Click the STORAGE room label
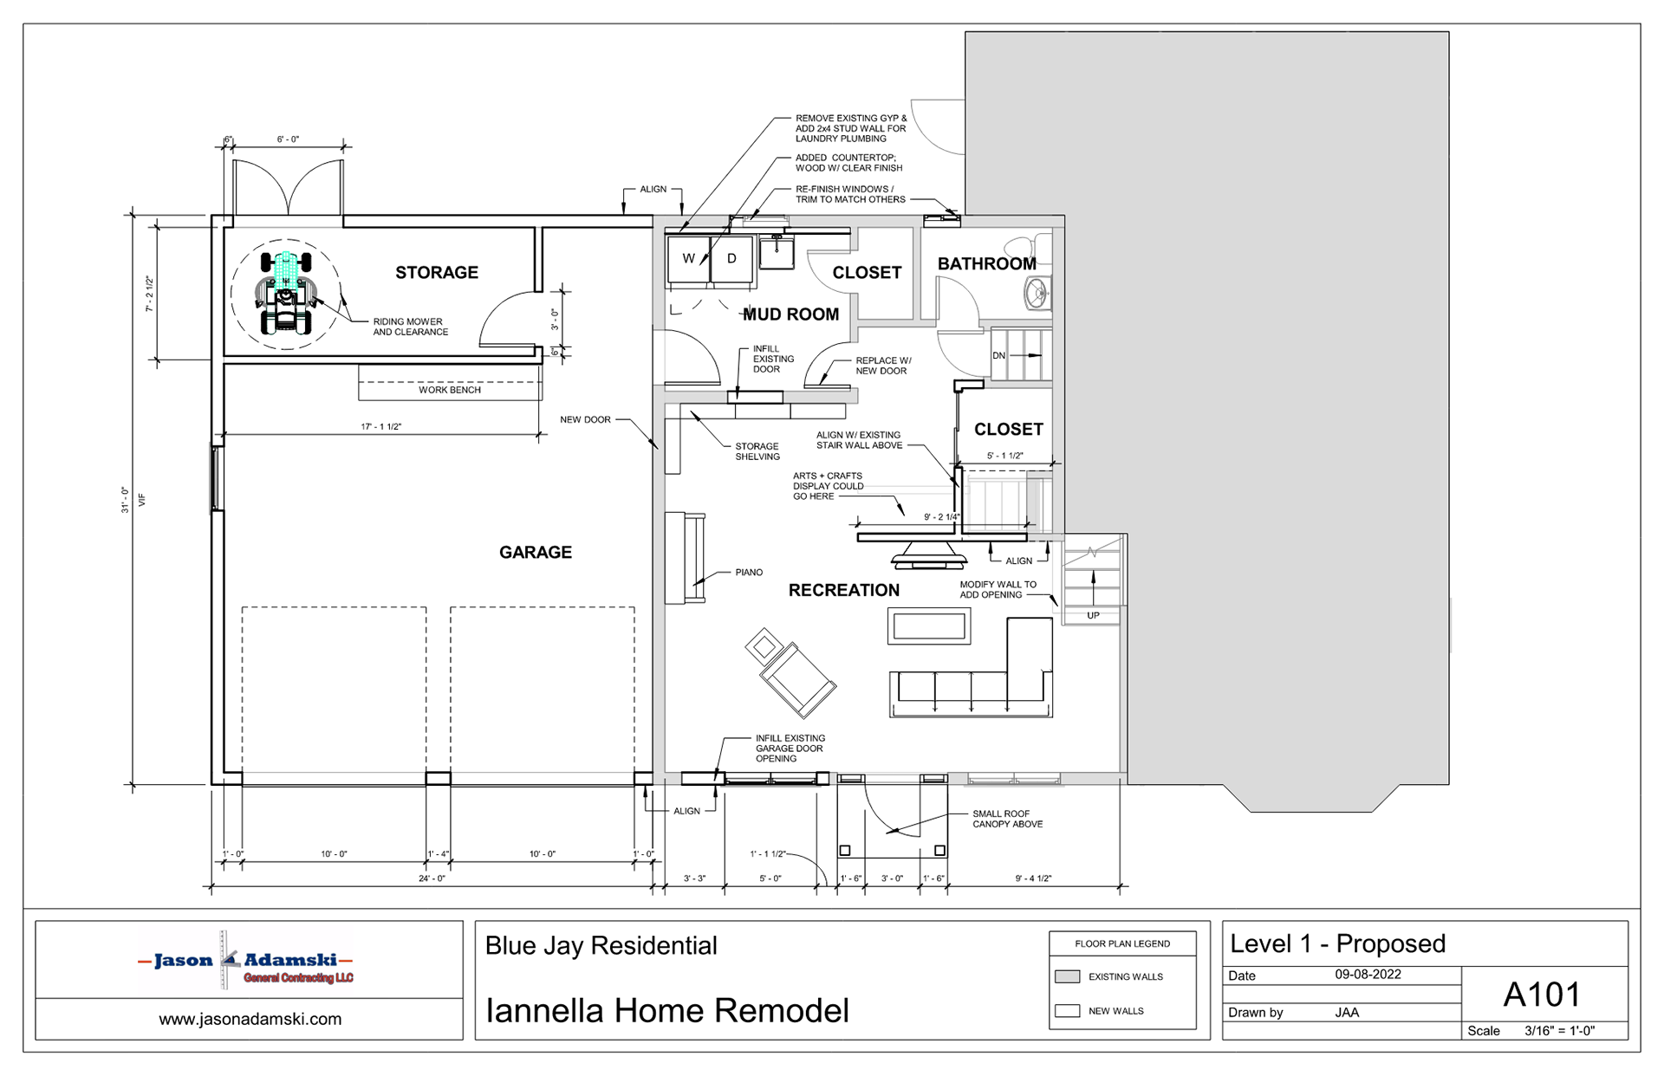tap(437, 273)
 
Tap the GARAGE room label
tap(536, 553)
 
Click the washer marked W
tap(689, 258)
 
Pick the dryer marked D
tap(731, 258)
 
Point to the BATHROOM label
tap(986, 264)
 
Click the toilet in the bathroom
tap(1038, 295)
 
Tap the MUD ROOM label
tap(790, 314)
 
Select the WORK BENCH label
tap(450, 390)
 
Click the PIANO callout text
tap(749, 573)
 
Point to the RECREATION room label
tap(844, 591)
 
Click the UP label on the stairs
tap(1093, 616)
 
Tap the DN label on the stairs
tap(998, 356)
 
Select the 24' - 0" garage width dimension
tap(432, 878)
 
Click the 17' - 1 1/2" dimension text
tap(381, 427)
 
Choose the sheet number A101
tap(1542, 995)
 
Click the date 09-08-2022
tap(1368, 975)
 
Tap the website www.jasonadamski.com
tap(250, 1020)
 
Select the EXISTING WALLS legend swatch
tap(1067, 976)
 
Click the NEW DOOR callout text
tap(585, 420)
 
